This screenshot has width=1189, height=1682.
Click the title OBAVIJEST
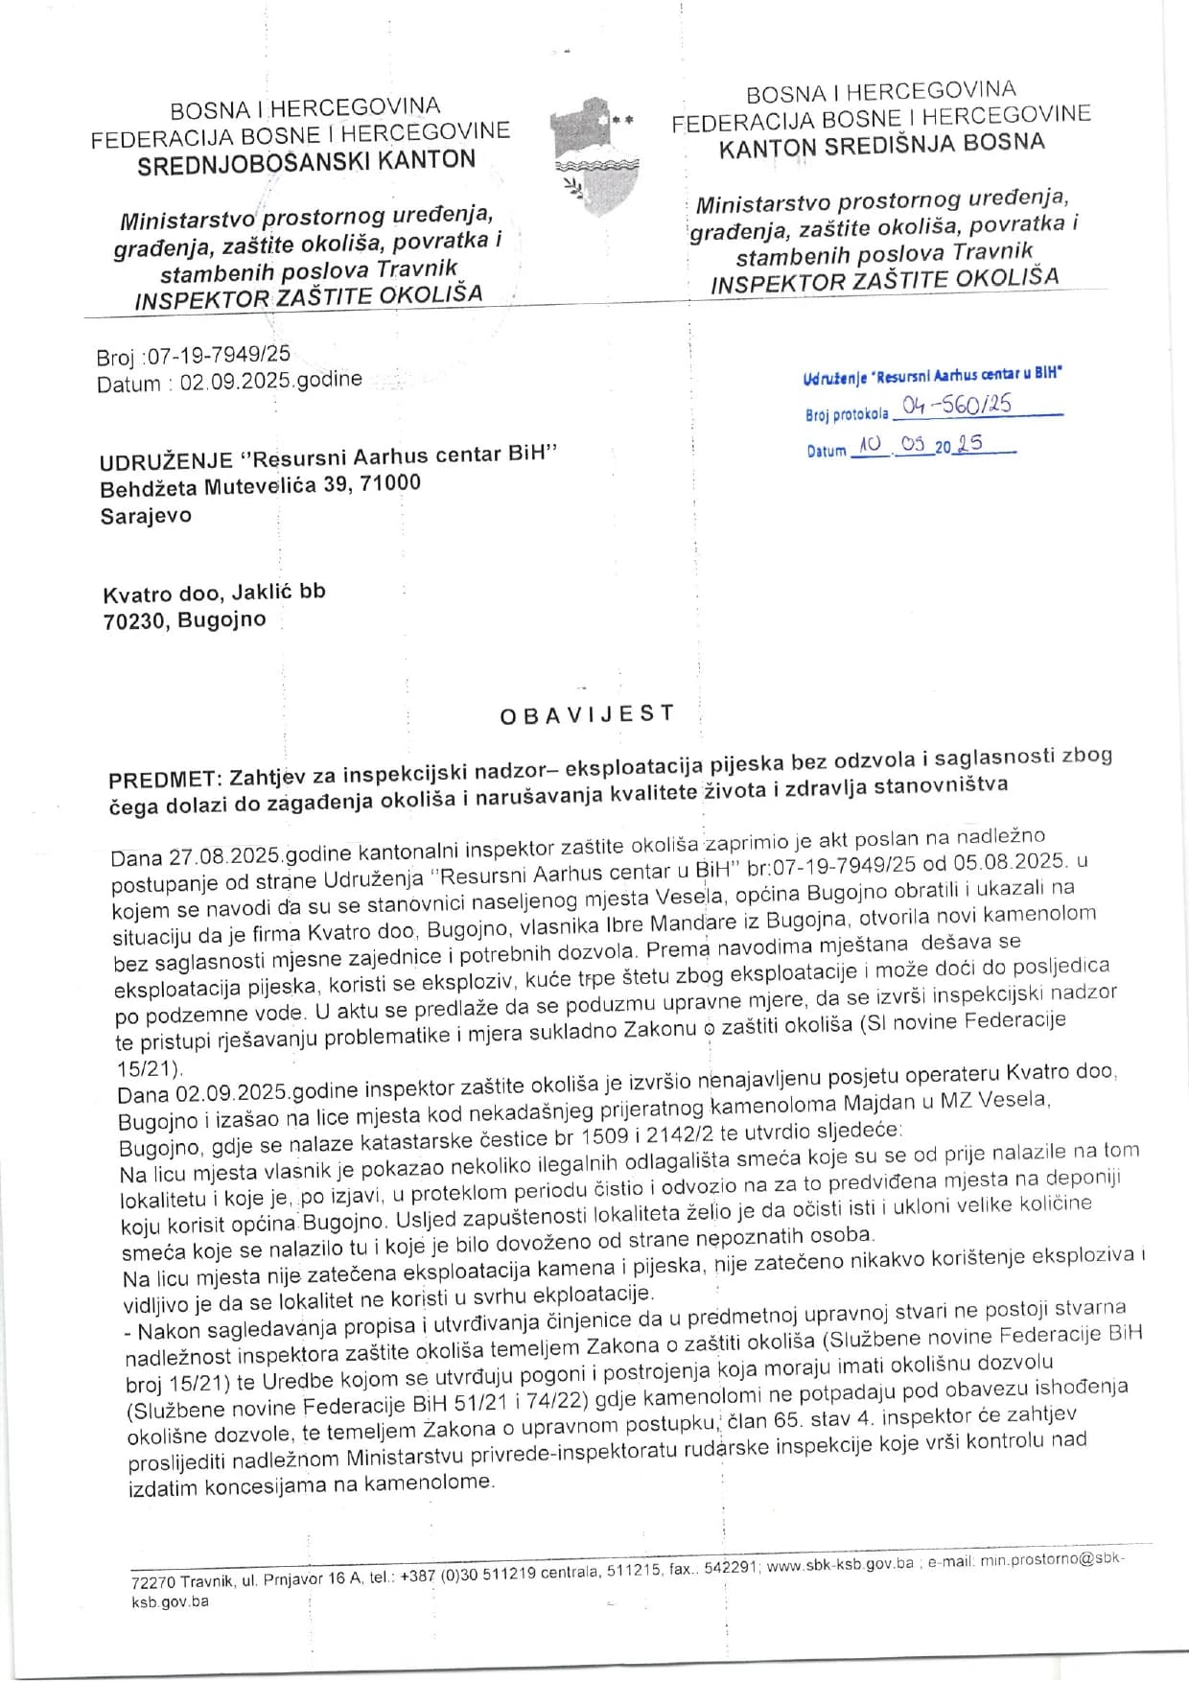pos(588,714)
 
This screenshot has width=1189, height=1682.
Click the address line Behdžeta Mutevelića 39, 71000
pos(260,486)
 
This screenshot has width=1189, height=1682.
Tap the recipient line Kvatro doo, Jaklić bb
pos(214,593)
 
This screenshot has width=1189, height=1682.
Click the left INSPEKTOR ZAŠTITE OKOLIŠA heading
pos(308,297)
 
